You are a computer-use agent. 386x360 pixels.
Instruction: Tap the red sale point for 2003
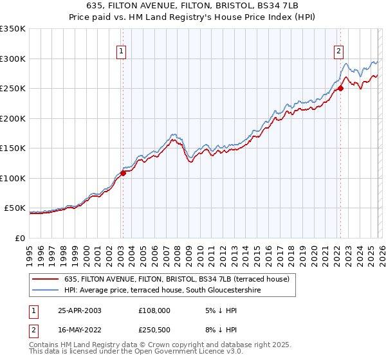tap(123, 174)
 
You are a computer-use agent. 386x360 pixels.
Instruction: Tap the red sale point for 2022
tap(340, 89)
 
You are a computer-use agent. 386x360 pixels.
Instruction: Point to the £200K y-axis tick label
tap(13, 118)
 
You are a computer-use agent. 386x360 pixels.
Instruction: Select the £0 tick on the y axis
tap(21, 238)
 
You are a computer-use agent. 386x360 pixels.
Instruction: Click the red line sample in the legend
tap(46, 279)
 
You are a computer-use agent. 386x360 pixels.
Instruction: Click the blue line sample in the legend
tap(46, 290)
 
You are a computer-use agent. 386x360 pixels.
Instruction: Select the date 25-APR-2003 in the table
tap(78, 310)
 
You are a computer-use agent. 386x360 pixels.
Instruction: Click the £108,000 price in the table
tap(154, 310)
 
